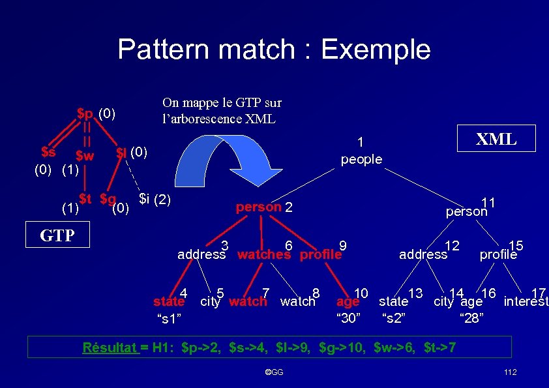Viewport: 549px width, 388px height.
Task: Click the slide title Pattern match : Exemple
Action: (x=274, y=49)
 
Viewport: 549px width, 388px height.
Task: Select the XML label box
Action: (x=496, y=138)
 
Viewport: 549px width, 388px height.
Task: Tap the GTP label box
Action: (x=57, y=235)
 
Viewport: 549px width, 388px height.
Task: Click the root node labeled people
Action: (x=362, y=159)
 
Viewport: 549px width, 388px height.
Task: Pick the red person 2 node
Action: (x=259, y=208)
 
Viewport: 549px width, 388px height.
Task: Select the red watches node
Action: (x=263, y=254)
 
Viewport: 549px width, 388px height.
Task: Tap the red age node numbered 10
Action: (x=348, y=301)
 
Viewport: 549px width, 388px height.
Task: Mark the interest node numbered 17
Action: (x=526, y=301)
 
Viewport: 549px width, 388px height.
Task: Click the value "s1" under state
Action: (x=169, y=318)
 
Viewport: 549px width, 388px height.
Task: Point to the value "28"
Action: (x=471, y=318)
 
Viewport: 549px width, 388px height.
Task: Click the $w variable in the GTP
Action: (x=85, y=156)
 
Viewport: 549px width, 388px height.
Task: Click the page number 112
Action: (x=511, y=372)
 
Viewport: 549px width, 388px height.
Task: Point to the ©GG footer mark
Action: (x=274, y=372)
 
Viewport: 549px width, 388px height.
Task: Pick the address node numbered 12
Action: (x=423, y=254)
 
